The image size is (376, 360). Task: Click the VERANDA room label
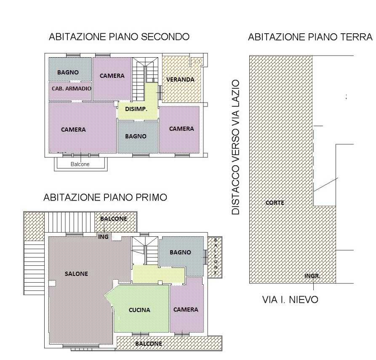point(180,79)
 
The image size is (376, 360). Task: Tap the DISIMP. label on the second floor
point(136,109)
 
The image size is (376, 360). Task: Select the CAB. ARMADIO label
point(72,89)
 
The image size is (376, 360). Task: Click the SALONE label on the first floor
point(77,274)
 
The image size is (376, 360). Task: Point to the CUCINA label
point(139,310)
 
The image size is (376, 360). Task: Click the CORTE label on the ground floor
point(275,203)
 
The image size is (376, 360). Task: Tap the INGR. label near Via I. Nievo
point(312,276)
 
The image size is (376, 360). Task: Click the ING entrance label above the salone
point(103,237)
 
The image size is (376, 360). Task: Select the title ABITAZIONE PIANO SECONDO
point(119,37)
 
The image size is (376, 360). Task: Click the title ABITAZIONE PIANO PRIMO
point(105,197)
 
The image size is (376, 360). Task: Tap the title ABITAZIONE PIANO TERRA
point(310,37)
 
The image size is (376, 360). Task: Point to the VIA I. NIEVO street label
point(291,299)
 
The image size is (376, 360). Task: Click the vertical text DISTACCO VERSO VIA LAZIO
point(235,147)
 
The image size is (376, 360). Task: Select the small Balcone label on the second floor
point(80,164)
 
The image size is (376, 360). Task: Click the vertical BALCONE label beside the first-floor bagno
point(215,256)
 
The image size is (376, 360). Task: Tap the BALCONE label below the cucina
point(149,344)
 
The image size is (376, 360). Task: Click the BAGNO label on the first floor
point(180,252)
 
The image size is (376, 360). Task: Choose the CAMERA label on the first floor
point(186,310)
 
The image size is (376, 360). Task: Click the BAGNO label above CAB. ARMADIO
point(68,72)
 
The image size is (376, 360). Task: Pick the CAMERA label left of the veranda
point(112,76)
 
